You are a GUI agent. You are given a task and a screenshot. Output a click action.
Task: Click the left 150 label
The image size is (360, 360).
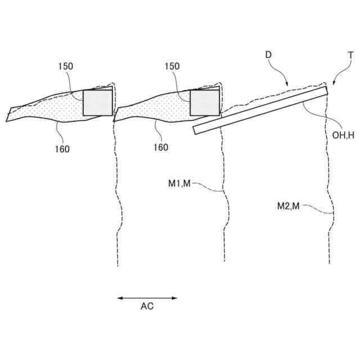click(x=65, y=66)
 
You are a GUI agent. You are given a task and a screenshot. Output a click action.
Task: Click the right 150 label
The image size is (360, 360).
click(x=172, y=66)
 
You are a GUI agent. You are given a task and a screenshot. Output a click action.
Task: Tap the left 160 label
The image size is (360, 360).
click(x=62, y=148)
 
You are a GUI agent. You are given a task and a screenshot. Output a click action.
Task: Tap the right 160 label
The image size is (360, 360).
click(x=161, y=147)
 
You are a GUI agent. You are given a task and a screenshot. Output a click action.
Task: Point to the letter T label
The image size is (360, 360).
click(x=350, y=56)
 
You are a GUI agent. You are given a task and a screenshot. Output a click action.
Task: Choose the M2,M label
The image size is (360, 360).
click(x=289, y=206)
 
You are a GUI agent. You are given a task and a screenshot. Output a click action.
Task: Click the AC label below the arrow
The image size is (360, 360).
click(x=147, y=307)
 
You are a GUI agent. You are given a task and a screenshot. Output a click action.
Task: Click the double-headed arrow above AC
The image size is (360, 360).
click(x=147, y=298)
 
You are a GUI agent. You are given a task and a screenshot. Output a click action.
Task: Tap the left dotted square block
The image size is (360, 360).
click(x=97, y=102)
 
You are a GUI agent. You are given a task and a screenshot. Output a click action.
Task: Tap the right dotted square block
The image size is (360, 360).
click(x=205, y=102)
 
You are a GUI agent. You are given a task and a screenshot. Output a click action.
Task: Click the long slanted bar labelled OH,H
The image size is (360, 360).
click(x=260, y=110)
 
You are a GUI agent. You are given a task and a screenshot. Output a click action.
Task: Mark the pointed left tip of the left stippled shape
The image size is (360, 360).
click(x=7, y=119)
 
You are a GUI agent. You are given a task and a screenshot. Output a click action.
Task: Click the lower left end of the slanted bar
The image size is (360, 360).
click(x=195, y=130)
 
